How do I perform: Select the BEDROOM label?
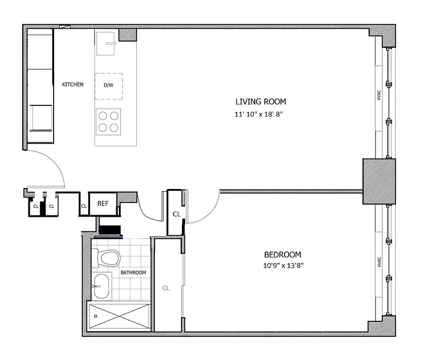tap(282, 255)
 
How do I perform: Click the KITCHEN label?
tap(72, 85)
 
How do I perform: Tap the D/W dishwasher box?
tap(109, 85)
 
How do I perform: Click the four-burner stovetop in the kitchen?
tap(109, 121)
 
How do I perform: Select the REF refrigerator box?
tap(103, 203)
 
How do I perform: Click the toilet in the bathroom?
tap(109, 258)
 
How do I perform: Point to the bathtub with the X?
tap(119, 317)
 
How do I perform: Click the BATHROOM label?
tap(133, 273)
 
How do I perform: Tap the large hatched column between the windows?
tap(379, 181)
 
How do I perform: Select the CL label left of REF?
tap(84, 206)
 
